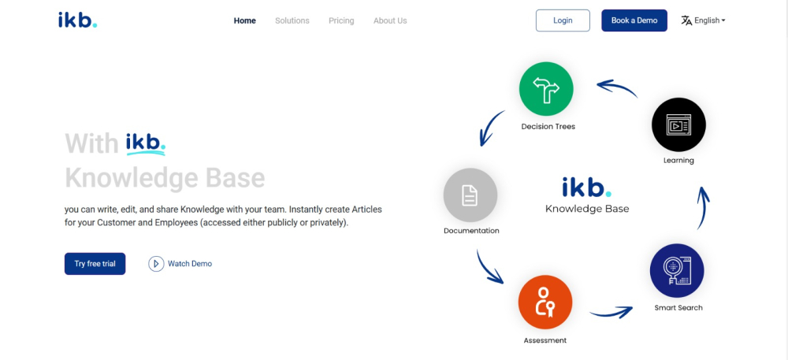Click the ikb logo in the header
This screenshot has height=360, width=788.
[x=77, y=20]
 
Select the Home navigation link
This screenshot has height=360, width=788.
[x=245, y=20]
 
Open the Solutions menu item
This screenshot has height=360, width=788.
[x=292, y=20]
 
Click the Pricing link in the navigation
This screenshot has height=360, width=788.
[x=341, y=20]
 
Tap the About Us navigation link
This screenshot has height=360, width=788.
[x=390, y=20]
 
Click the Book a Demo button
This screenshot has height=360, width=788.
[x=634, y=20]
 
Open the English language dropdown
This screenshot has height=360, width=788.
[x=704, y=20]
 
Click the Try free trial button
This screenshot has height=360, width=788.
[x=95, y=264]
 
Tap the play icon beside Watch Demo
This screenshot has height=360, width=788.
[x=156, y=264]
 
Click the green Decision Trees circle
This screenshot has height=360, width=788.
[x=546, y=88]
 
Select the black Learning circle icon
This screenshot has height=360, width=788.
[x=678, y=124]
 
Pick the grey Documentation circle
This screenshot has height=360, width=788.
[x=470, y=195]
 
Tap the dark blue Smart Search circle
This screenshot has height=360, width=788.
[x=676, y=271]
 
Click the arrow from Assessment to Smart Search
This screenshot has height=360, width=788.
[x=611, y=312]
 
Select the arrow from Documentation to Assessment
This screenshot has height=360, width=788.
[x=489, y=268]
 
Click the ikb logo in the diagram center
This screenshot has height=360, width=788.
[x=587, y=187]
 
